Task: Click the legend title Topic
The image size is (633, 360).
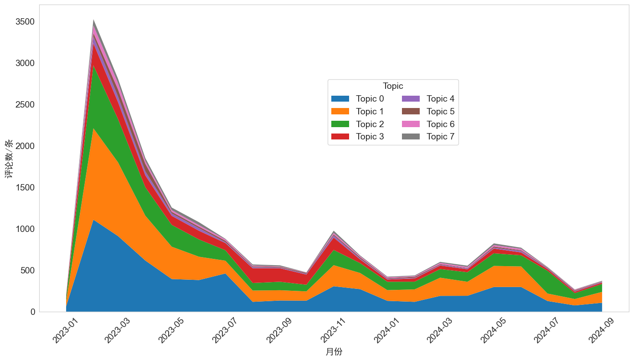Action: [393, 86]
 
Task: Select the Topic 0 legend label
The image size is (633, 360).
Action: [370, 99]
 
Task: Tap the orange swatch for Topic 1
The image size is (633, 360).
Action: [340, 112]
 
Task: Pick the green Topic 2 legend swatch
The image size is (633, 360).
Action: [340, 124]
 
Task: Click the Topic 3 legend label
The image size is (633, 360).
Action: [370, 137]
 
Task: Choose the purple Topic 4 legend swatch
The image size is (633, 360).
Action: [411, 99]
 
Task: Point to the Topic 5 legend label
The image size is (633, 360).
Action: [440, 112]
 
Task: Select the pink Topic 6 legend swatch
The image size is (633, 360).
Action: [411, 124]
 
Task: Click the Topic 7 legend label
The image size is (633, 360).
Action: [440, 137]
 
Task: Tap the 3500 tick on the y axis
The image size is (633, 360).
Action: [25, 22]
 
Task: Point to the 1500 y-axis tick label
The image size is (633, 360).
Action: [25, 188]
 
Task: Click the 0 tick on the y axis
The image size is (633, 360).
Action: [33, 312]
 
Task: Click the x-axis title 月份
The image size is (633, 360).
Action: [334, 352]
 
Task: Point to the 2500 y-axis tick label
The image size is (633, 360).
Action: [25, 105]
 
